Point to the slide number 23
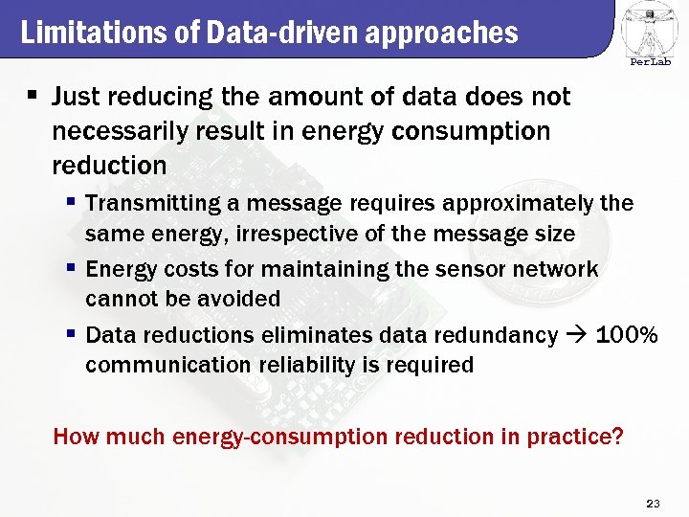pos(654,504)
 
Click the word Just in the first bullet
pos(78,97)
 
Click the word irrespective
pos(305,234)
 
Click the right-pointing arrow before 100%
pos(577,335)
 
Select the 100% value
pos(627,335)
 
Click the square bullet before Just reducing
pos(33,97)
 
